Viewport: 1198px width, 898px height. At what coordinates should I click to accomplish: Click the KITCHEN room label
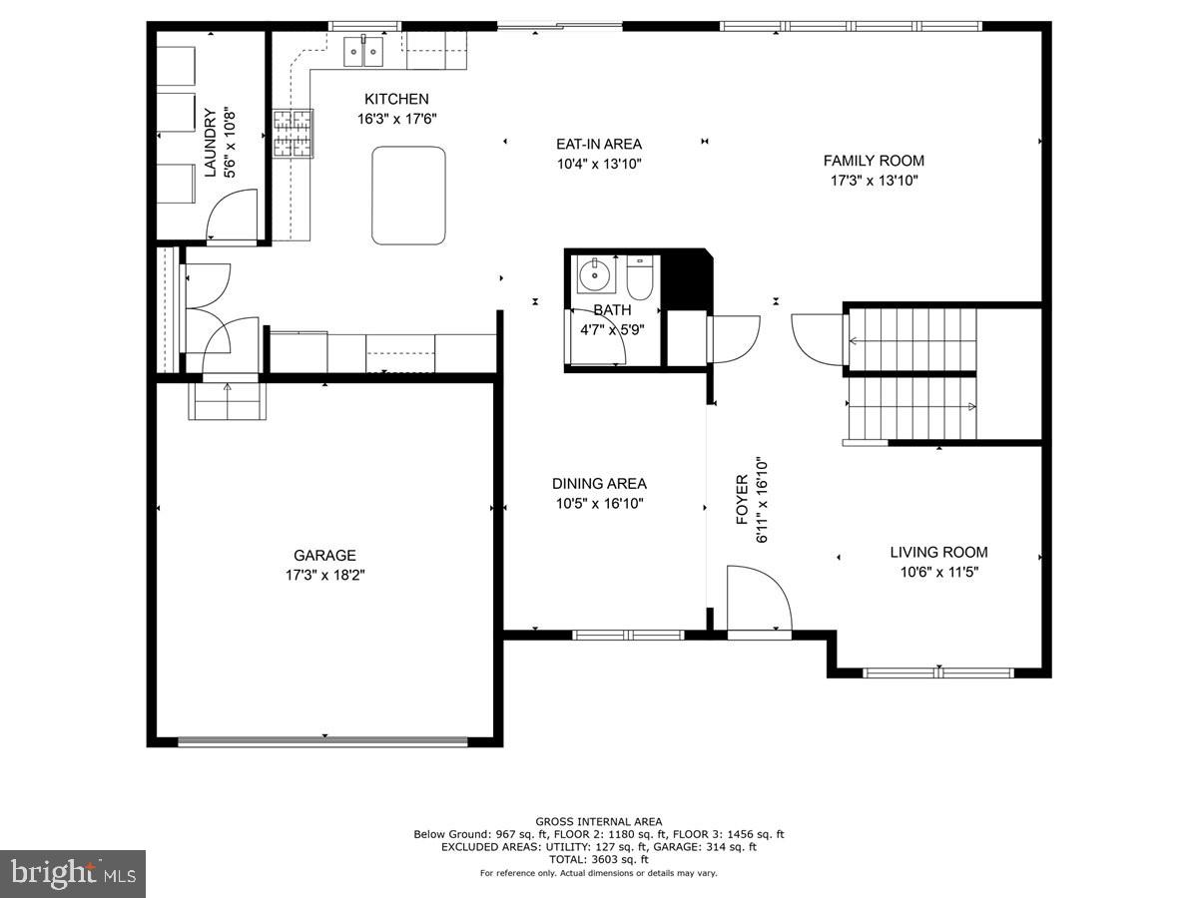tap(396, 99)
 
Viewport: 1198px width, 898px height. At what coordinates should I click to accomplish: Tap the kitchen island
tap(408, 196)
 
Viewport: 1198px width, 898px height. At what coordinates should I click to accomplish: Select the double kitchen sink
tap(364, 51)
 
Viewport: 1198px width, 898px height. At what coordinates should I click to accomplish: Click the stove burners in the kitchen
tap(294, 134)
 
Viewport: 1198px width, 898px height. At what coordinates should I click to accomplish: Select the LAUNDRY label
tap(211, 142)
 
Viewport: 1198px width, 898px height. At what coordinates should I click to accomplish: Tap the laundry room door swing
tap(231, 215)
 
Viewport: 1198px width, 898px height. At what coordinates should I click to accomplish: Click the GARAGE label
tap(324, 556)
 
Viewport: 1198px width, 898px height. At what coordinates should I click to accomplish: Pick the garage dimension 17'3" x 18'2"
tap(324, 576)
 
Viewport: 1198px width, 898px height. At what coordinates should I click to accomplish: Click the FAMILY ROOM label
tap(874, 161)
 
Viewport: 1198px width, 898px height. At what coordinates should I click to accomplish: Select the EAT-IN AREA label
tap(599, 144)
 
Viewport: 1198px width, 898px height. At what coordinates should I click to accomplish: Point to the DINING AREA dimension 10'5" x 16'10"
tap(599, 504)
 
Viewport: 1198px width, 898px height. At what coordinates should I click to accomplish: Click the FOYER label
tap(742, 498)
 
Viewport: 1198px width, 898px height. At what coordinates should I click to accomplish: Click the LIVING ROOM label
tap(938, 552)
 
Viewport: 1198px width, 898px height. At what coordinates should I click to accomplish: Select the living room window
tap(938, 673)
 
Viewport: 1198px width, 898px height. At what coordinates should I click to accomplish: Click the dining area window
tap(628, 634)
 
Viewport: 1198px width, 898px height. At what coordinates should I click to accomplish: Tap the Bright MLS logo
tap(73, 874)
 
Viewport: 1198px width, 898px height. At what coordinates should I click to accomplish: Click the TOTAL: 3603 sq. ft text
tap(598, 859)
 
